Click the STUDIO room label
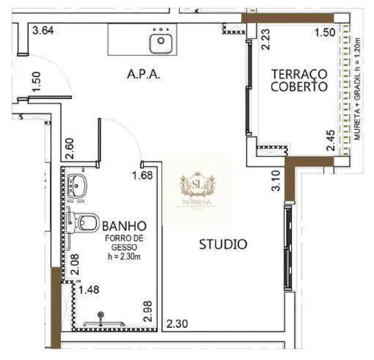[223, 244]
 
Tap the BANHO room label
[124, 226]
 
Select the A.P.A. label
[144, 75]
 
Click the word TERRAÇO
[299, 74]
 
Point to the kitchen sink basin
[161, 39]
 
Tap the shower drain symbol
[101, 315]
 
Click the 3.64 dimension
[43, 31]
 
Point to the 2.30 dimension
[177, 323]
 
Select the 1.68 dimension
[142, 177]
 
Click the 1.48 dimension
[89, 289]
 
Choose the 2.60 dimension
[69, 148]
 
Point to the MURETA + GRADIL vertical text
[358, 89]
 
